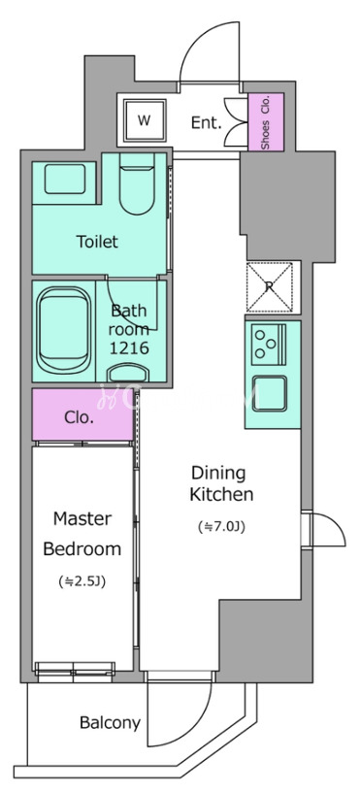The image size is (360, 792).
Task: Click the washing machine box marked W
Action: coord(144,121)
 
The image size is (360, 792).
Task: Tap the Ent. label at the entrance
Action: coord(207,122)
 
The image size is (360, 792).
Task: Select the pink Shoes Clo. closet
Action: coord(266,121)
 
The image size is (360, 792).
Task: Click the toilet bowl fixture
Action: coord(138,184)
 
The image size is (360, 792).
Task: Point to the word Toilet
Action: coord(97,242)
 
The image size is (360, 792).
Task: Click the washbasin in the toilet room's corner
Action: coord(64,179)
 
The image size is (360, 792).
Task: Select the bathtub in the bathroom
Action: coord(64,331)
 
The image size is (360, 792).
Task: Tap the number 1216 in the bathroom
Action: coord(130,348)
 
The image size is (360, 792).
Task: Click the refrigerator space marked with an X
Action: coord(270,287)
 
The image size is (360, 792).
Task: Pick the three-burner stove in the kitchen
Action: coord(269,345)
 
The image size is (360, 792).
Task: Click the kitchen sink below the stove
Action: coord(270,393)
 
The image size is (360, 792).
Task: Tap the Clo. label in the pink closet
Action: coord(80,417)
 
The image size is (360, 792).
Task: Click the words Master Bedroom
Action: coord(82,534)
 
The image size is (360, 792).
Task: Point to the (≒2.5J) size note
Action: coord(82,582)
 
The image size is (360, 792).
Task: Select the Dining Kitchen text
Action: coord(221,484)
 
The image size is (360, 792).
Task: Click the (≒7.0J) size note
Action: coord(221,527)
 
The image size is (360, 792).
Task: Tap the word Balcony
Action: coord(110,723)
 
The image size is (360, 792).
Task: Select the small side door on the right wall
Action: coord(323,529)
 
